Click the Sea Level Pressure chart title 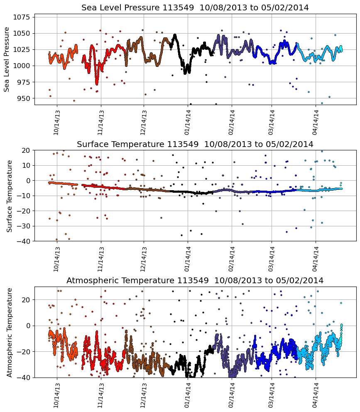point(195,7)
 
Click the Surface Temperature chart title point(195,144)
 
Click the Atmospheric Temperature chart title point(195,281)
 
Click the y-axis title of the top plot point(7,59)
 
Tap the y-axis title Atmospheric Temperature point(9,332)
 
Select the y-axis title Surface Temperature point(9,196)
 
